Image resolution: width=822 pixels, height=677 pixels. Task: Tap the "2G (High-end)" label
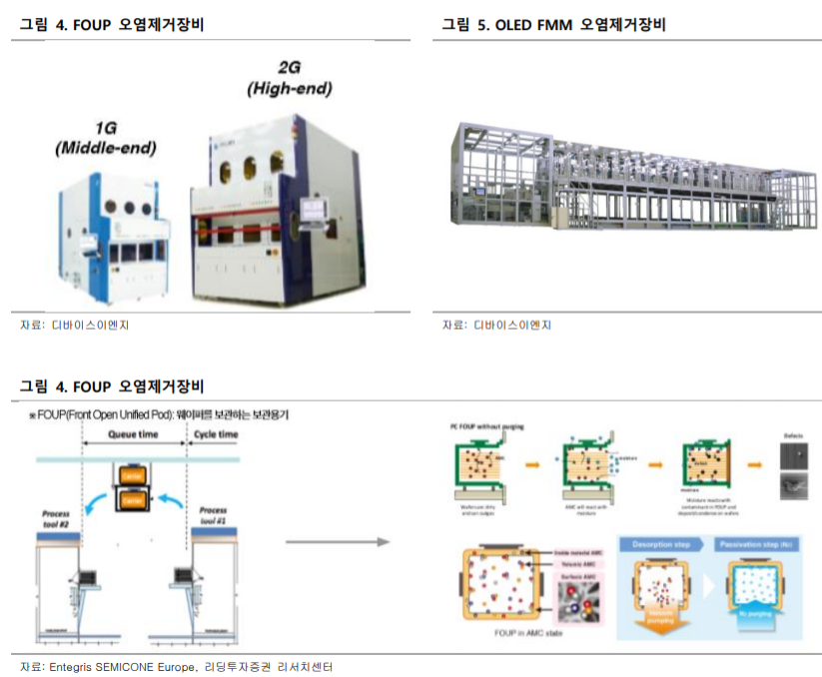click(289, 79)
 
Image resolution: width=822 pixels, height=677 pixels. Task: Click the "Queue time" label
click(135, 435)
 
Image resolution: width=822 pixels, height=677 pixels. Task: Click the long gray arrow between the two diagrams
click(337, 542)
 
